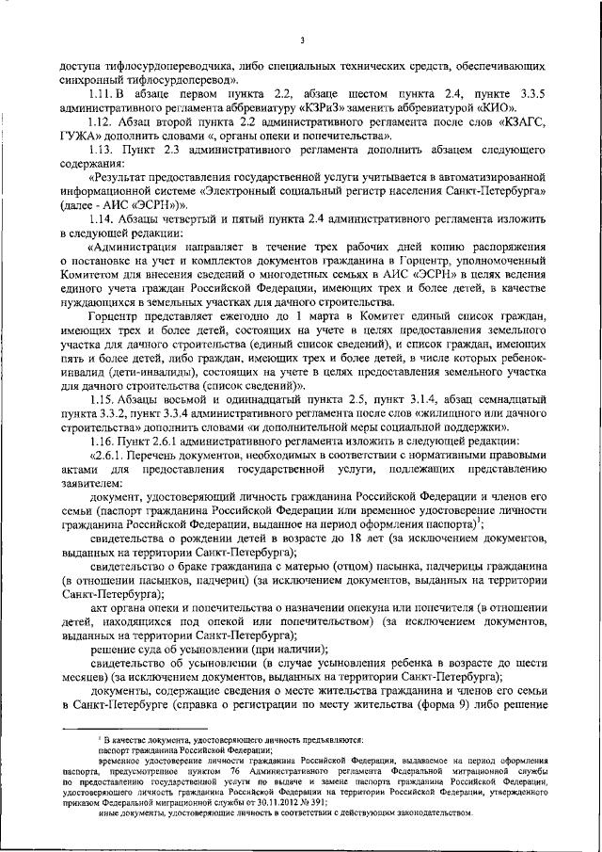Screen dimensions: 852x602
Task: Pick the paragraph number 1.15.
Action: click(x=101, y=397)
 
